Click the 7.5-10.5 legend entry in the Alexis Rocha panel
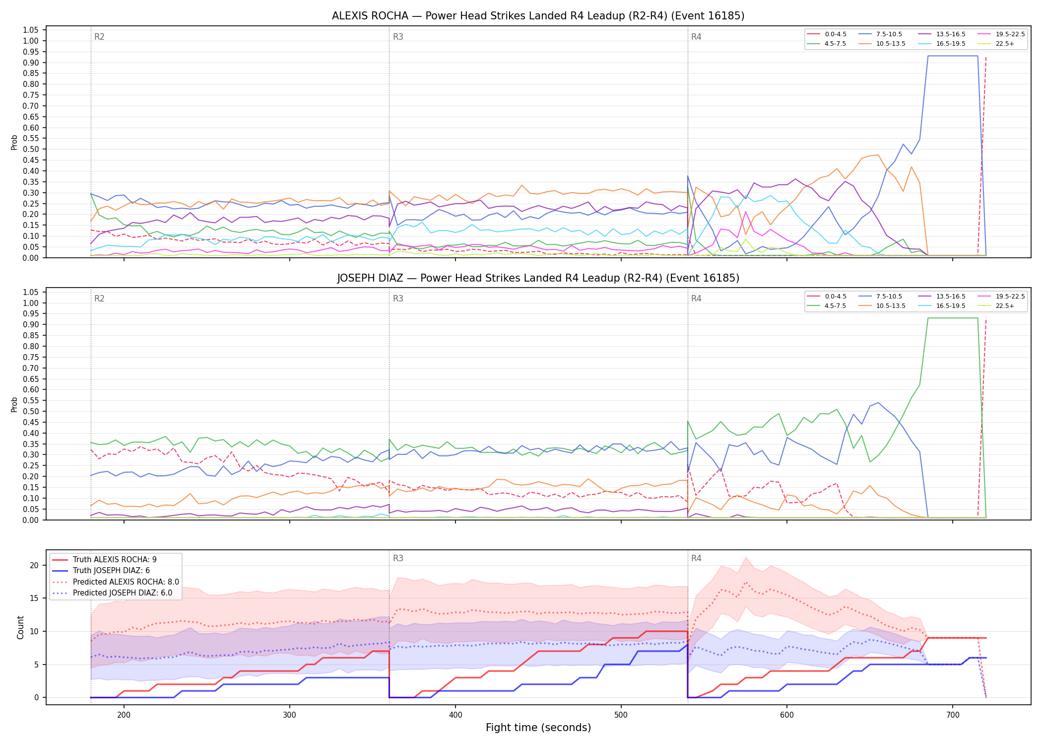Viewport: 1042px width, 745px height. pyautogui.click(x=880, y=34)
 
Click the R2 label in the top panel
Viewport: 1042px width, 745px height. pyautogui.click(x=99, y=37)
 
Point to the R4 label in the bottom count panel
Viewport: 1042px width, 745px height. pyautogui.click(x=696, y=558)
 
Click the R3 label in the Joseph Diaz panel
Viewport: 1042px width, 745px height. pyautogui.click(x=398, y=298)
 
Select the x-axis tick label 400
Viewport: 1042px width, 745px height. pyautogui.click(x=456, y=715)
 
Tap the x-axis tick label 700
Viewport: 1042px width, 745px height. pyautogui.click(x=953, y=715)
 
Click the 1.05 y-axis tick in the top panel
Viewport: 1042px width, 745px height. pyautogui.click(x=31, y=30)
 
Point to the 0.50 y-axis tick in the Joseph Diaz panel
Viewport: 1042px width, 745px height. pyautogui.click(x=31, y=411)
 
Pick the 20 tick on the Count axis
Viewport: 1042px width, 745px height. pyautogui.click(x=34, y=565)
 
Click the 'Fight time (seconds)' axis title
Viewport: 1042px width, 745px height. pyautogui.click(x=538, y=728)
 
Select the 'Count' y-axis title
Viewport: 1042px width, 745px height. pyautogui.click(x=20, y=627)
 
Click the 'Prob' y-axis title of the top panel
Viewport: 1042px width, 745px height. pyautogui.click(x=14, y=143)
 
